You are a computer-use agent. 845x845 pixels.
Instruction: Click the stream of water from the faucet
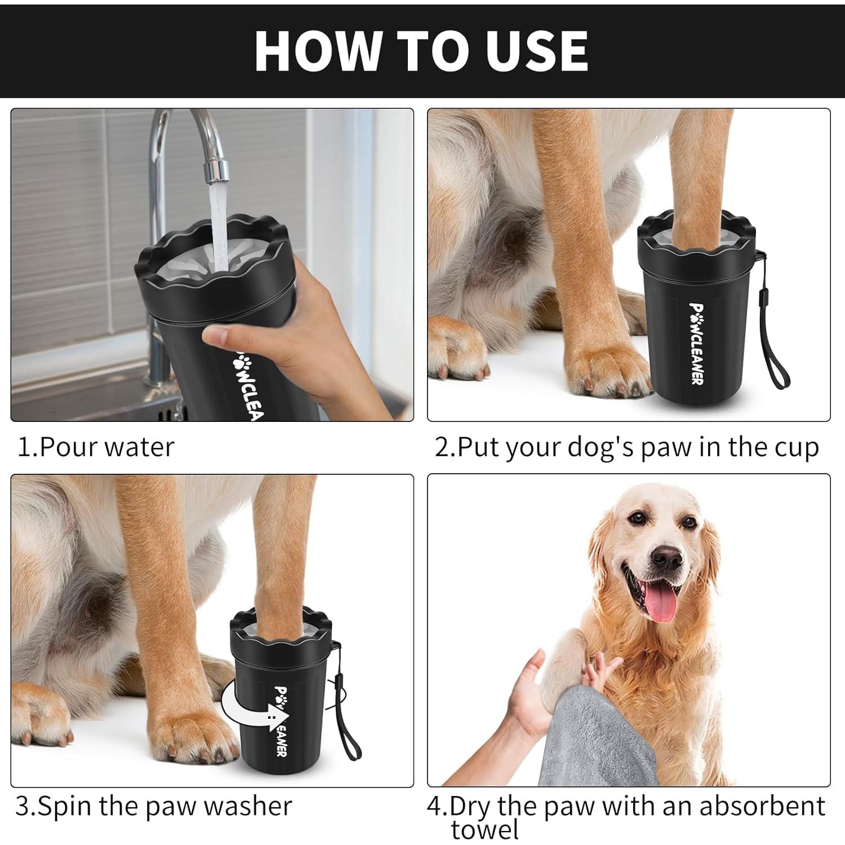pos(217,225)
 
